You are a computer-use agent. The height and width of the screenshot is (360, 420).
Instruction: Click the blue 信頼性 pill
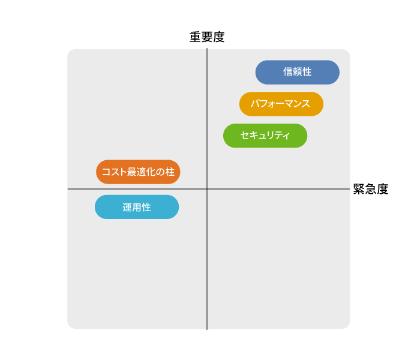pyautogui.click(x=298, y=73)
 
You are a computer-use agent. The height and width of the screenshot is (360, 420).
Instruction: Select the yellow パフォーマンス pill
pyautogui.click(x=281, y=104)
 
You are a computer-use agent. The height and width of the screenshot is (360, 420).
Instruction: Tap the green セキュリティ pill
pyautogui.click(x=265, y=136)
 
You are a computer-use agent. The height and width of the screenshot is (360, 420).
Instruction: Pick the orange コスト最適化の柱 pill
pyautogui.click(x=138, y=172)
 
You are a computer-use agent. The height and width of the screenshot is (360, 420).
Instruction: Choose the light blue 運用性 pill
pyautogui.click(x=137, y=207)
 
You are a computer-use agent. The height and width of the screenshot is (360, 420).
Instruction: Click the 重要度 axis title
pyautogui.click(x=207, y=37)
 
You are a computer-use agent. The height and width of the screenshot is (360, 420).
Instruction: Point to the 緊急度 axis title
pyautogui.click(x=371, y=189)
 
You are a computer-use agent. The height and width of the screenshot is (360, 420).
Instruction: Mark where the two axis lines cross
pyautogui.click(x=207, y=189)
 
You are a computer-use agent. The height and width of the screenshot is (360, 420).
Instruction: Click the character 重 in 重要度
pyautogui.click(x=195, y=37)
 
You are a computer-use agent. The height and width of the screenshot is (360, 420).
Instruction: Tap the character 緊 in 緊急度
pyautogui.click(x=359, y=189)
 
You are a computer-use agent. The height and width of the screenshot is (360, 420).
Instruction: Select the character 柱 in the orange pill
pyautogui.click(x=170, y=172)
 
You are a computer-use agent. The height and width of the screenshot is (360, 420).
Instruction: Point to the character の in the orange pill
pyautogui.click(x=161, y=172)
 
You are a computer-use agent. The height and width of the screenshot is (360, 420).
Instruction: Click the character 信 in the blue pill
pyautogui.click(x=288, y=72)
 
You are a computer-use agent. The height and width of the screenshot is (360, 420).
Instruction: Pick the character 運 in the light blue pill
pyautogui.click(x=127, y=208)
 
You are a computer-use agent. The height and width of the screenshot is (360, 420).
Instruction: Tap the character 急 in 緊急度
pyautogui.click(x=371, y=189)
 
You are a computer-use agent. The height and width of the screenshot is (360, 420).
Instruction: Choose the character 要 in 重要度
pyautogui.click(x=207, y=37)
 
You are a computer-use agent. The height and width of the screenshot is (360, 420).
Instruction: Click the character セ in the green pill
pyautogui.click(x=245, y=135)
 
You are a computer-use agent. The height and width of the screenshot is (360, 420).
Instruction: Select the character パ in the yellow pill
pyautogui.click(x=255, y=104)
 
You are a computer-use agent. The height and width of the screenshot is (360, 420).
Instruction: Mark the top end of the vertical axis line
pyautogui.click(x=207, y=49)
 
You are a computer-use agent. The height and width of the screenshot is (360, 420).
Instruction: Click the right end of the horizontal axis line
pyautogui.click(x=350, y=189)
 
